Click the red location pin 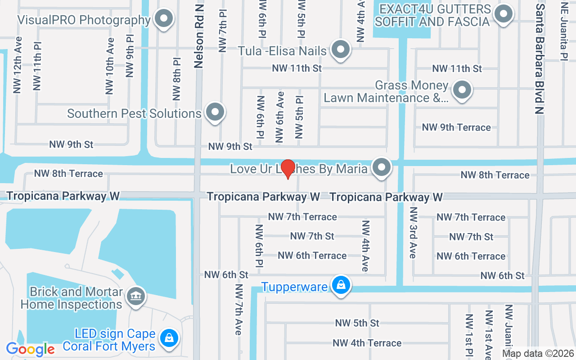coord(288,169)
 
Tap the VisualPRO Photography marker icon coord(164,19)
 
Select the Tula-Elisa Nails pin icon coord(340,49)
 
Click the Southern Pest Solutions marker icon coord(215,112)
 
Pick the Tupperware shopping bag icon coord(341,285)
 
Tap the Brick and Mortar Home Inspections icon coord(136,296)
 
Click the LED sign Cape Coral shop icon coord(169,337)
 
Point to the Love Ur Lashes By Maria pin coord(382,167)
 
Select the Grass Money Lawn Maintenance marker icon coord(462,90)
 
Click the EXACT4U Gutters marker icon coord(503,13)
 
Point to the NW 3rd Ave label coord(413,233)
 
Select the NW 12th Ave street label coord(18,65)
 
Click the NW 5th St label coord(357,323)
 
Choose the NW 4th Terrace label coord(367,343)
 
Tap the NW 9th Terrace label coord(456,127)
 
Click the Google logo coord(30,349)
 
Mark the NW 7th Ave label coord(238,310)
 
